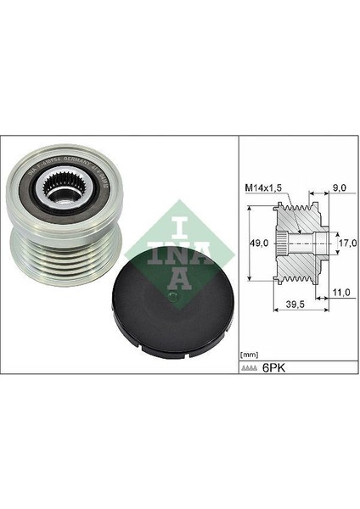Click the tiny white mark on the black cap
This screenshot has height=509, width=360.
click(173, 294)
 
